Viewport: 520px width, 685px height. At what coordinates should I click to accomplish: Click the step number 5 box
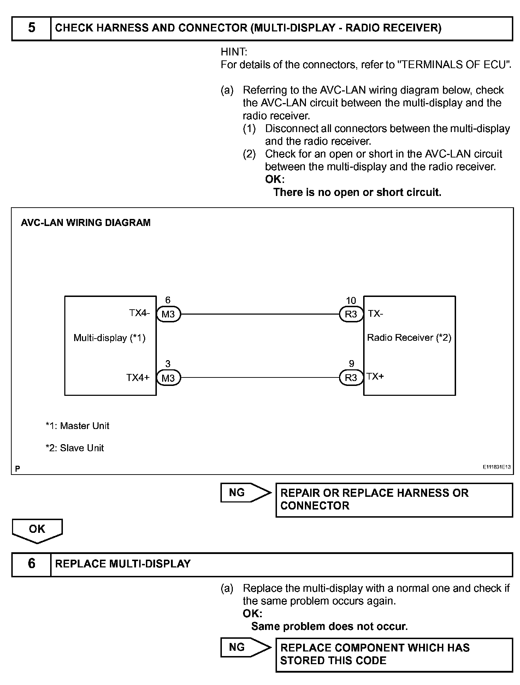click(31, 28)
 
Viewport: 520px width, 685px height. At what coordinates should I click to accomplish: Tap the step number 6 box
click(31, 564)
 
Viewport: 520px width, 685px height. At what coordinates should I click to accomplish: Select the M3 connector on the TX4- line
click(168, 314)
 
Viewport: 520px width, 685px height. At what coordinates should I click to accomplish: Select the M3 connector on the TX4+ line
click(168, 378)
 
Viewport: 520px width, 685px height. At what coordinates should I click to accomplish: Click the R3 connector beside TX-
click(351, 314)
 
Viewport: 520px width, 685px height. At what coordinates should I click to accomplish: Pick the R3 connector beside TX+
click(351, 378)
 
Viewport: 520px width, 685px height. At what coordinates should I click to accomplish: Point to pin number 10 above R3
click(351, 300)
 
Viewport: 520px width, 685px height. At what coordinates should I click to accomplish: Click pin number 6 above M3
click(168, 300)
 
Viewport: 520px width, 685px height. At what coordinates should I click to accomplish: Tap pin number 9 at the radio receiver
click(351, 364)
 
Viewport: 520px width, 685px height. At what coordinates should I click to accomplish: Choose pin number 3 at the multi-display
click(168, 364)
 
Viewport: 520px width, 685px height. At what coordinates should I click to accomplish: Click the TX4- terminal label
click(139, 313)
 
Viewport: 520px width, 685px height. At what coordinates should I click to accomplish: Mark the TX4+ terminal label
click(138, 377)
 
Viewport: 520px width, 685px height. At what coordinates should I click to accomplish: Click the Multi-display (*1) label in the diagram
click(110, 338)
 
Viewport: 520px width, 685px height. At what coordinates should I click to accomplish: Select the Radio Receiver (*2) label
click(409, 338)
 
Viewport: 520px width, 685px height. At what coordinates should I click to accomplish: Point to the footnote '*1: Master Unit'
click(77, 426)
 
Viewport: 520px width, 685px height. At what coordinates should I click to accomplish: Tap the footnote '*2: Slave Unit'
click(75, 448)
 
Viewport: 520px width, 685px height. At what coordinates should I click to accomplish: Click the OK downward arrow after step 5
click(37, 530)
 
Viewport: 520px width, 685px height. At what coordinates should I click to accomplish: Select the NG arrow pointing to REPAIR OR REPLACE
click(245, 493)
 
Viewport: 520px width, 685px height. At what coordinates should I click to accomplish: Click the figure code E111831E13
click(497, 467)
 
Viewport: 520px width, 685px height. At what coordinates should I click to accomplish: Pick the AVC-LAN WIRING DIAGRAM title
click(86, 222)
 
